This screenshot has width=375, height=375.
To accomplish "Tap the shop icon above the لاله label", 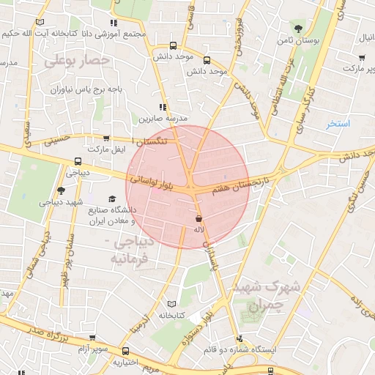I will (x=198, y=218).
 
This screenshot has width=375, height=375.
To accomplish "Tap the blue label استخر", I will (x=338, y=124).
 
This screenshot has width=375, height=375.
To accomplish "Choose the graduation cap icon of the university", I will (x=112, y=198).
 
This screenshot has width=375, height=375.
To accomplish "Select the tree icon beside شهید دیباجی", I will (x=60, y=190).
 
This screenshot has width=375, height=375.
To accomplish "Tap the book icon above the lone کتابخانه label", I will (x=171, y=303).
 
